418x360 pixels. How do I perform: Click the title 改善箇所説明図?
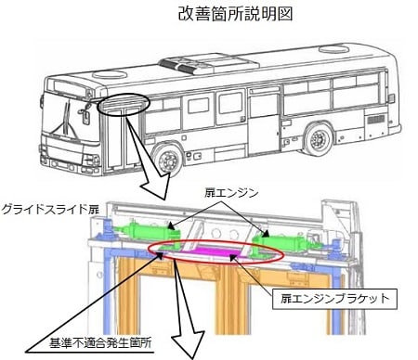235,15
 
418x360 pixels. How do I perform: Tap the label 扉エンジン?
231,193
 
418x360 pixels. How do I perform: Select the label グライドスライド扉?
50,210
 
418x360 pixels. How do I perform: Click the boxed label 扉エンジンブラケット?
334,299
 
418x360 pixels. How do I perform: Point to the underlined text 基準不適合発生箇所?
100,343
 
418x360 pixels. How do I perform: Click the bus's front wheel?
168,161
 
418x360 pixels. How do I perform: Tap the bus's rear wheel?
318,139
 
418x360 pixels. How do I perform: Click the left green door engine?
146,232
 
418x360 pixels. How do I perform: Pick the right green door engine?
286,241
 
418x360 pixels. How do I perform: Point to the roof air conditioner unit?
209,64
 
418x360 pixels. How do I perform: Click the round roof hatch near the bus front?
110,74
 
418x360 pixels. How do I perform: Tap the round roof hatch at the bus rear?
334,49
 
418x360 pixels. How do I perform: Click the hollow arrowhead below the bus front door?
156,186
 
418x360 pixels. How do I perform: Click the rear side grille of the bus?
376,120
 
